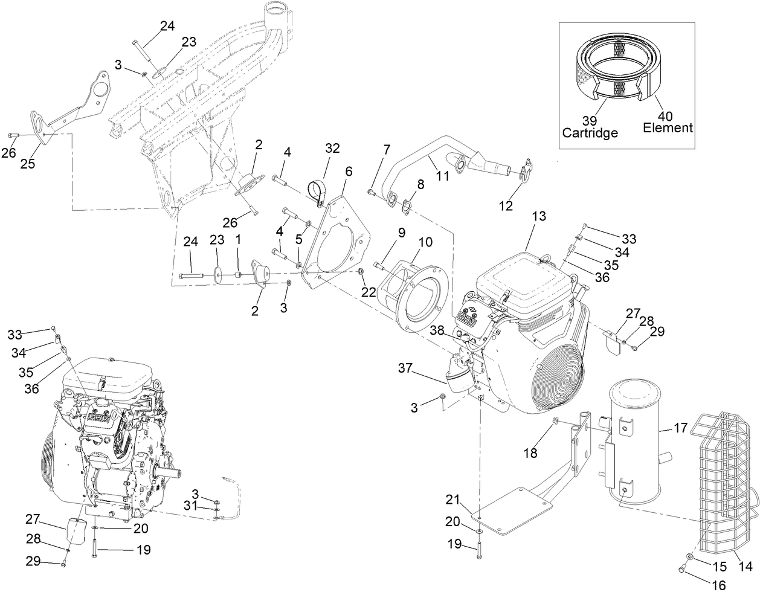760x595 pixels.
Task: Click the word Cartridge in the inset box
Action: (590, 132)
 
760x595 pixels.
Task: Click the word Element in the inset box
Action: (668, 127)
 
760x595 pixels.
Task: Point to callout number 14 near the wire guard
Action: (746, 567)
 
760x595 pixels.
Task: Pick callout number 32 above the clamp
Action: (333, 148)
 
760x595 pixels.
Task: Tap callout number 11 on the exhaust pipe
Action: (443, 176)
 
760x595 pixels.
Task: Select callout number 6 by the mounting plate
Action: (349, 171)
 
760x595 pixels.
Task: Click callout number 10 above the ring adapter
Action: (425, 242)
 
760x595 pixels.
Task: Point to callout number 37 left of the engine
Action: (408, 368)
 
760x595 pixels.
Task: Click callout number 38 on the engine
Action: (437, 330)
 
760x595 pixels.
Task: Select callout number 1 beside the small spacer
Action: (238, 240)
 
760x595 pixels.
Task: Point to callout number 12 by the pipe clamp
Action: (506, 205)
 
